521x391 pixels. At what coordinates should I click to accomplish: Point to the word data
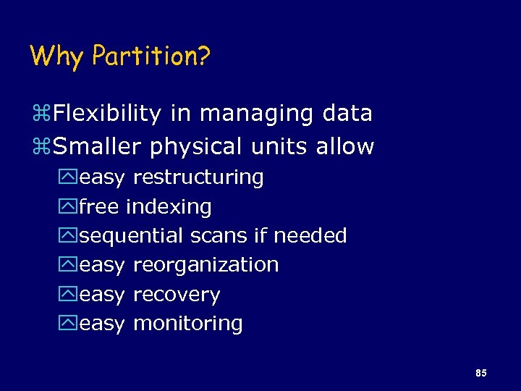347,113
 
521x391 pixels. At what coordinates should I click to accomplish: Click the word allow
345,147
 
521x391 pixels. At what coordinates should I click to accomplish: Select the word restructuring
198,177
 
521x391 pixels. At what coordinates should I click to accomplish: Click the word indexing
169,207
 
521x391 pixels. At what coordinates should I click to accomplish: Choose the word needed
310,236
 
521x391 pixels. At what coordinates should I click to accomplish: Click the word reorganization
206,265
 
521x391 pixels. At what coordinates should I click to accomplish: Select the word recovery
177,295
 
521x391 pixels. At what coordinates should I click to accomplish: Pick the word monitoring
188,324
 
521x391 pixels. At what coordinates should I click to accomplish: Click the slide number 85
481,373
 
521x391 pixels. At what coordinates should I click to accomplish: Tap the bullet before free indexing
69,207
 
